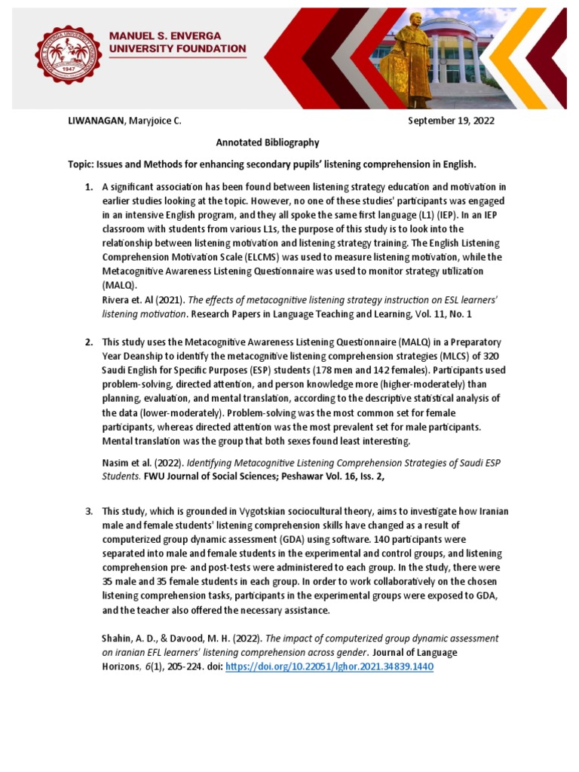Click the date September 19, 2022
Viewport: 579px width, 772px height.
point(451,121)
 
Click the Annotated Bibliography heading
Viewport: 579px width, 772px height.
point(268,142)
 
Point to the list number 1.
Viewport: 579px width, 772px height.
point(88,187)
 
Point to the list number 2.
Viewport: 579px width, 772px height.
point(88,342)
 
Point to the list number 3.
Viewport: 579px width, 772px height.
point(88,511)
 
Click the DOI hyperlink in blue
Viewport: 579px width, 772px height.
point(329,667)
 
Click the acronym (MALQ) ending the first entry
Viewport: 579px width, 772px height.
point(117,286)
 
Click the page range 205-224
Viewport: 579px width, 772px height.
point(176,667)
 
